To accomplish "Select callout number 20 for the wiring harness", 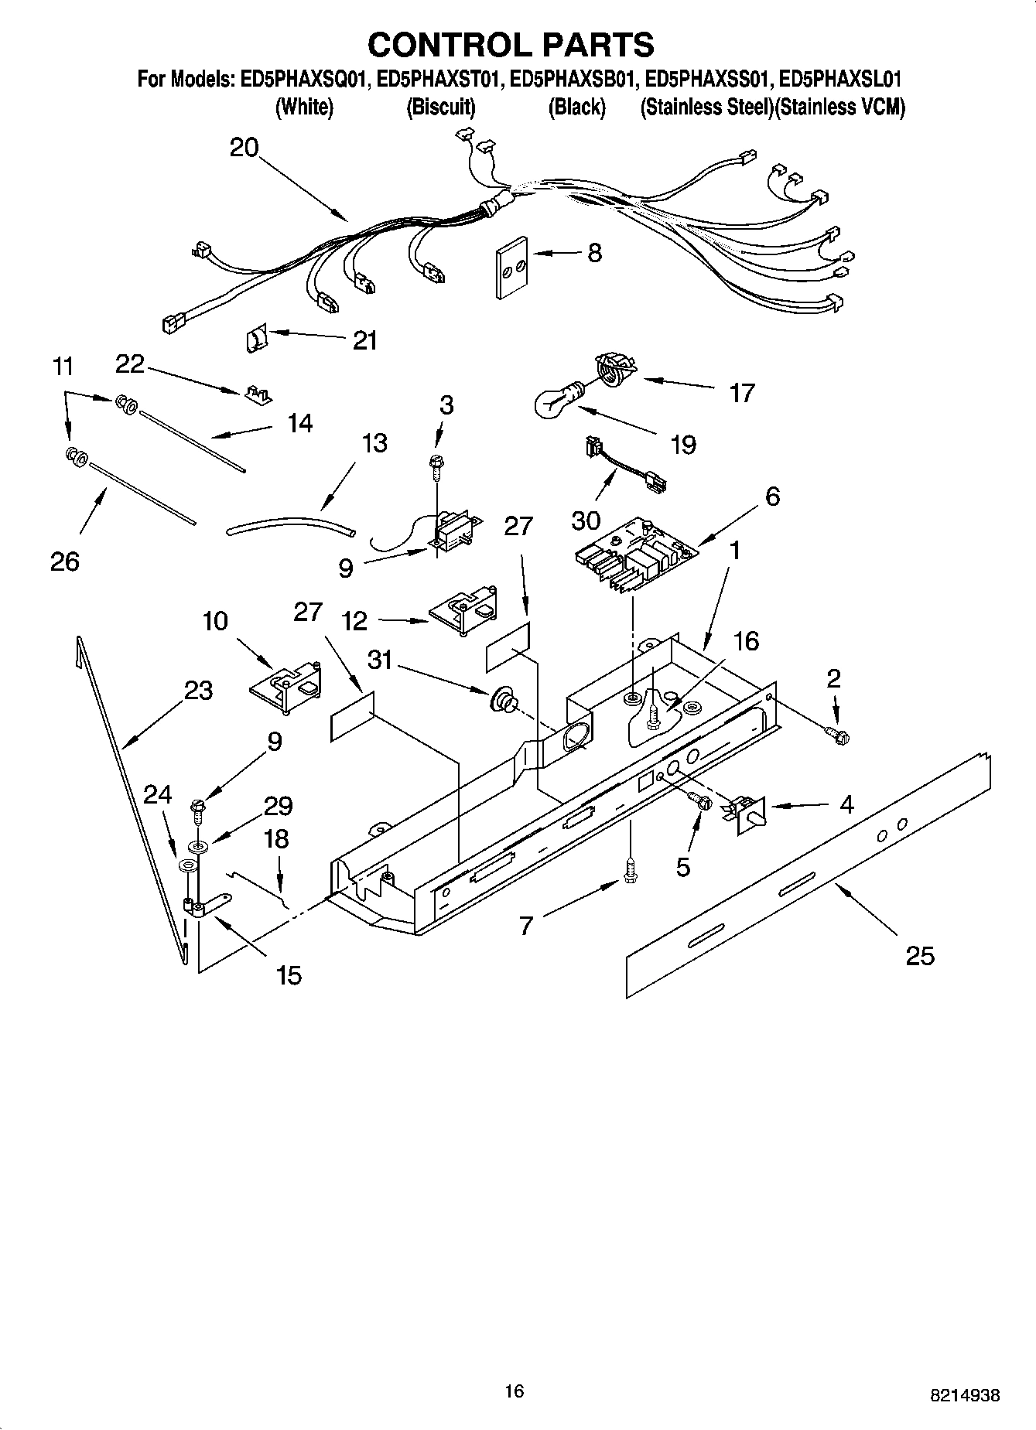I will pos(244,147).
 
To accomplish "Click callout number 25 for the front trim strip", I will pos(920,956).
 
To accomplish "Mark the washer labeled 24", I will pos(186,865).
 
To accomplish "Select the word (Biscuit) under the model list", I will pos(441,107).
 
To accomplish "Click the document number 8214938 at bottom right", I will pos(964,1396).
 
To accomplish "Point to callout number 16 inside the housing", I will pos(746,640).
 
